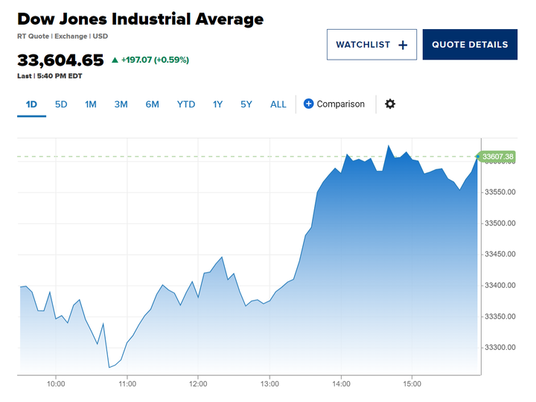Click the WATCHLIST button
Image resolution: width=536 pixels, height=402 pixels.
click(371, 45)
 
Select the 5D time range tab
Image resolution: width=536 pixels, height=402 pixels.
click(61, 104)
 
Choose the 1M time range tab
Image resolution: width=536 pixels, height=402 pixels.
click(91, 104)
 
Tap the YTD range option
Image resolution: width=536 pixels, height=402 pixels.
click(186, 104)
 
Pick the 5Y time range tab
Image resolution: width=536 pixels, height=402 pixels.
click(246, 104)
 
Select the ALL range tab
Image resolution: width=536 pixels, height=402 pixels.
click(278, 104)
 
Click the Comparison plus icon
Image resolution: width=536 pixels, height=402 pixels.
click(309, 104)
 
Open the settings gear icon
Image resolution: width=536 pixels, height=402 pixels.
click(390, 104)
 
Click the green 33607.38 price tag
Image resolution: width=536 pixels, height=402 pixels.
click(497, 157)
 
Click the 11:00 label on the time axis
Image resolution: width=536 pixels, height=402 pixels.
click(127, 385)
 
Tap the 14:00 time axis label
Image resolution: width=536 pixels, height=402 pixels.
click(341, 385)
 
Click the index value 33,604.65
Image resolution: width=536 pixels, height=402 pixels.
click(60, 60)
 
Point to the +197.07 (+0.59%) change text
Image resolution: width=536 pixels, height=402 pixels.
click(150, 60)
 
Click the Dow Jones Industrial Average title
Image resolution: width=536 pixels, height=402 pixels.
click(140, 19)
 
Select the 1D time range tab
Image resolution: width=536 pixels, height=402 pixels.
click(31, 104)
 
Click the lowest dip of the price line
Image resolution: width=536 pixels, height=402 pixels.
click(109, 367)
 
